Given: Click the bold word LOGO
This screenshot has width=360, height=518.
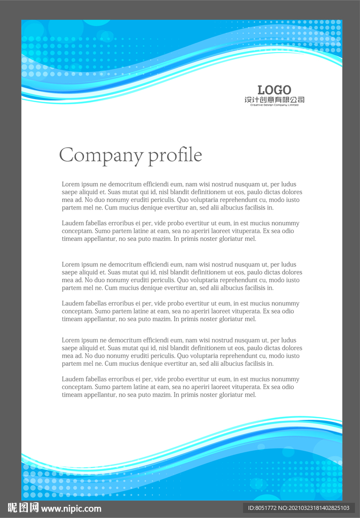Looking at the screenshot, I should pyautogui.click(x=274, y=90).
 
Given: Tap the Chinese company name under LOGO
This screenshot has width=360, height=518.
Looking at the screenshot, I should pyautogui.click(x=274, y=100).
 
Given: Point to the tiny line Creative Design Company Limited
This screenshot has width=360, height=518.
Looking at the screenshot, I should pyautogui.click(x=274, y=105).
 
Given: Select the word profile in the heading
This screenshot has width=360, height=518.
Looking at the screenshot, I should pyautogui.click(x=175, y=155).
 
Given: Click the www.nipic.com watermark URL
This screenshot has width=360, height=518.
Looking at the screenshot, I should pyautogui.click(x=71, y=508).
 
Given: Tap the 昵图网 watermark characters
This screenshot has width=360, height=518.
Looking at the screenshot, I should pyautogui.click(x=23, y=508).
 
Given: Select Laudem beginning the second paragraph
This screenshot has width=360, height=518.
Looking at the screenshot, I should pyautogui.click(x=72, y=223).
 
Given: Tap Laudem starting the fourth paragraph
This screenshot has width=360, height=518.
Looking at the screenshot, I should pyautogui.click(x=72, y=304).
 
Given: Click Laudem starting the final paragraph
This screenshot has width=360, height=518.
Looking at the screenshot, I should pyautogui.click(x=72, y=379).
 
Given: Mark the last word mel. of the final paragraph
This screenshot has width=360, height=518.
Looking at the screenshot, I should pyautogui.click(x=251, y=395).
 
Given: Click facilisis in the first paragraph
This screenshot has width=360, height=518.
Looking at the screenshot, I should pyautogui.click(x=255, y=208).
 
